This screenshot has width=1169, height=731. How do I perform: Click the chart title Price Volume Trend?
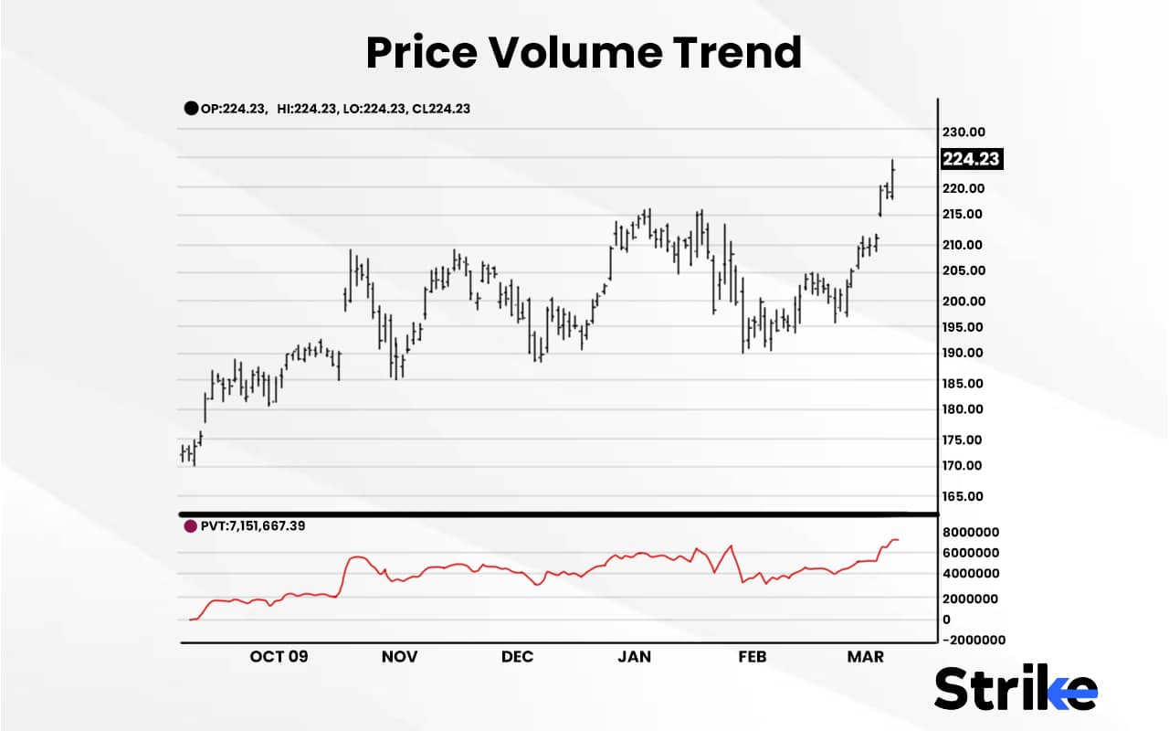coord(584,53)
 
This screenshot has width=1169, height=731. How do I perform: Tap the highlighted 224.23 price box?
coord(972,159)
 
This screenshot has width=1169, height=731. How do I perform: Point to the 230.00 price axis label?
coord(964,132)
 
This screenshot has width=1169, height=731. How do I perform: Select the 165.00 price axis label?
coord(964,496)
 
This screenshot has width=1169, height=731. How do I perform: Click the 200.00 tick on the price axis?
coord(964,302)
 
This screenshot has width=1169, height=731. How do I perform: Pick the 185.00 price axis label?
coord(964,384)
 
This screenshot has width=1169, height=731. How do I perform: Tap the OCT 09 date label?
coord(279,657)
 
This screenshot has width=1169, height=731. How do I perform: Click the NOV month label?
coord(399,657)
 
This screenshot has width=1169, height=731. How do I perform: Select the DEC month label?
coord(517,657)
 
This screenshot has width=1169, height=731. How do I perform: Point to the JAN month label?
coord(634,657)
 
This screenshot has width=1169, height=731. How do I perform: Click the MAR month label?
coord(866,657)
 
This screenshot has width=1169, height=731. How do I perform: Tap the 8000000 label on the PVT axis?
coord(971,532)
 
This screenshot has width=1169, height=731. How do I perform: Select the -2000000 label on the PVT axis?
coord(974,640)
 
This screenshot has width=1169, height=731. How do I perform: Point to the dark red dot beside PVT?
coord(190,527)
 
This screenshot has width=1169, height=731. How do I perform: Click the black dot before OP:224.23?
coord(191,108)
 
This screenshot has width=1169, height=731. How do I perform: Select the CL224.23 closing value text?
coord(437,108)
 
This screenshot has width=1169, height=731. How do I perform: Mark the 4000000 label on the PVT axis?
coord(971,574)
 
